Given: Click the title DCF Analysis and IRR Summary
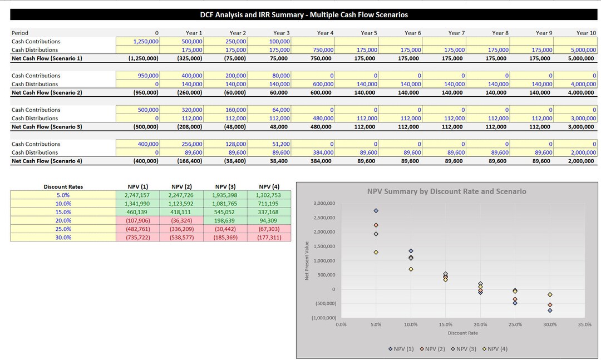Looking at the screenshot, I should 304,15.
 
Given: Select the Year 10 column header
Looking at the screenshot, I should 585,33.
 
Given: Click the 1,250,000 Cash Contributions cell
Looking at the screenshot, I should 138,41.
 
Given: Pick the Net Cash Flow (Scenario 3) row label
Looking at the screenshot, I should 47,127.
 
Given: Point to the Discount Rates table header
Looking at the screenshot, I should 63,186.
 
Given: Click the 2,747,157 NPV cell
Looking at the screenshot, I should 138,195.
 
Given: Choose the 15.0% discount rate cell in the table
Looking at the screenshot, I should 63,212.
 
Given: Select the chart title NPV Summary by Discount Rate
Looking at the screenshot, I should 446,191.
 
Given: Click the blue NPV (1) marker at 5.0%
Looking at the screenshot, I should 376,211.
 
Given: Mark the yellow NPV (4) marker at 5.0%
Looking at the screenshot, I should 376,252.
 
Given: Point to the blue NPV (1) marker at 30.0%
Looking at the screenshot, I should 550,310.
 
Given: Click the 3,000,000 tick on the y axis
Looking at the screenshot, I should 323,204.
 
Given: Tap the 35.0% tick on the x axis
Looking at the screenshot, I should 584,324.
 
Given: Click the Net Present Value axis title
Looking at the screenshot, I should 307,261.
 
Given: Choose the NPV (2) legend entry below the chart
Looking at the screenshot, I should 435,349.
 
